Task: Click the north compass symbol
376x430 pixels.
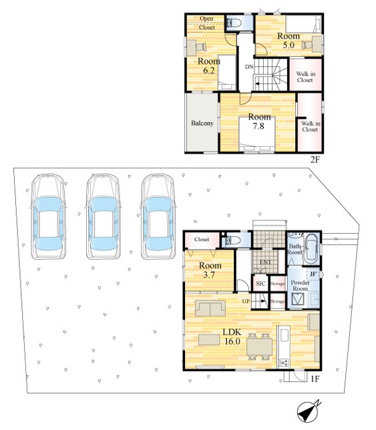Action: [309, 411]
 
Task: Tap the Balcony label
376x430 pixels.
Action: [202, 123]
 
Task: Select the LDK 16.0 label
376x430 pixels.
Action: [232, 337]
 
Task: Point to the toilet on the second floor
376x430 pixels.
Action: [234, 23]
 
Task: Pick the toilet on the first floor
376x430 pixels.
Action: [231, 240]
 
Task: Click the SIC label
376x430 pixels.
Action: [260, 283]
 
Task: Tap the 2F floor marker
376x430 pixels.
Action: [315, 160]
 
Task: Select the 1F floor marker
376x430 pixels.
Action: [315, 379]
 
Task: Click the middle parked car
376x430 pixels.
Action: [103, 216]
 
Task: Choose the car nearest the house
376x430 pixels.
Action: [158, 216]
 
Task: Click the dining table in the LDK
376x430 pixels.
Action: [259, 347]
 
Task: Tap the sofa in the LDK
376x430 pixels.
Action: [210, 308]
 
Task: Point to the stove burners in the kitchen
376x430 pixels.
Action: [284, 363]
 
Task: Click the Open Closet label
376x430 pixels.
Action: [207, 23]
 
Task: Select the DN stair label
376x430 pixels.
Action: [248, 67]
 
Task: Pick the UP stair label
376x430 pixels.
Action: [246, 301]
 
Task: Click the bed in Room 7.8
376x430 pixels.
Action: [256, 134]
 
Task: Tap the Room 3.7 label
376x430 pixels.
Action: [210, 270]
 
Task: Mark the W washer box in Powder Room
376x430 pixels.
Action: [313, 274]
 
